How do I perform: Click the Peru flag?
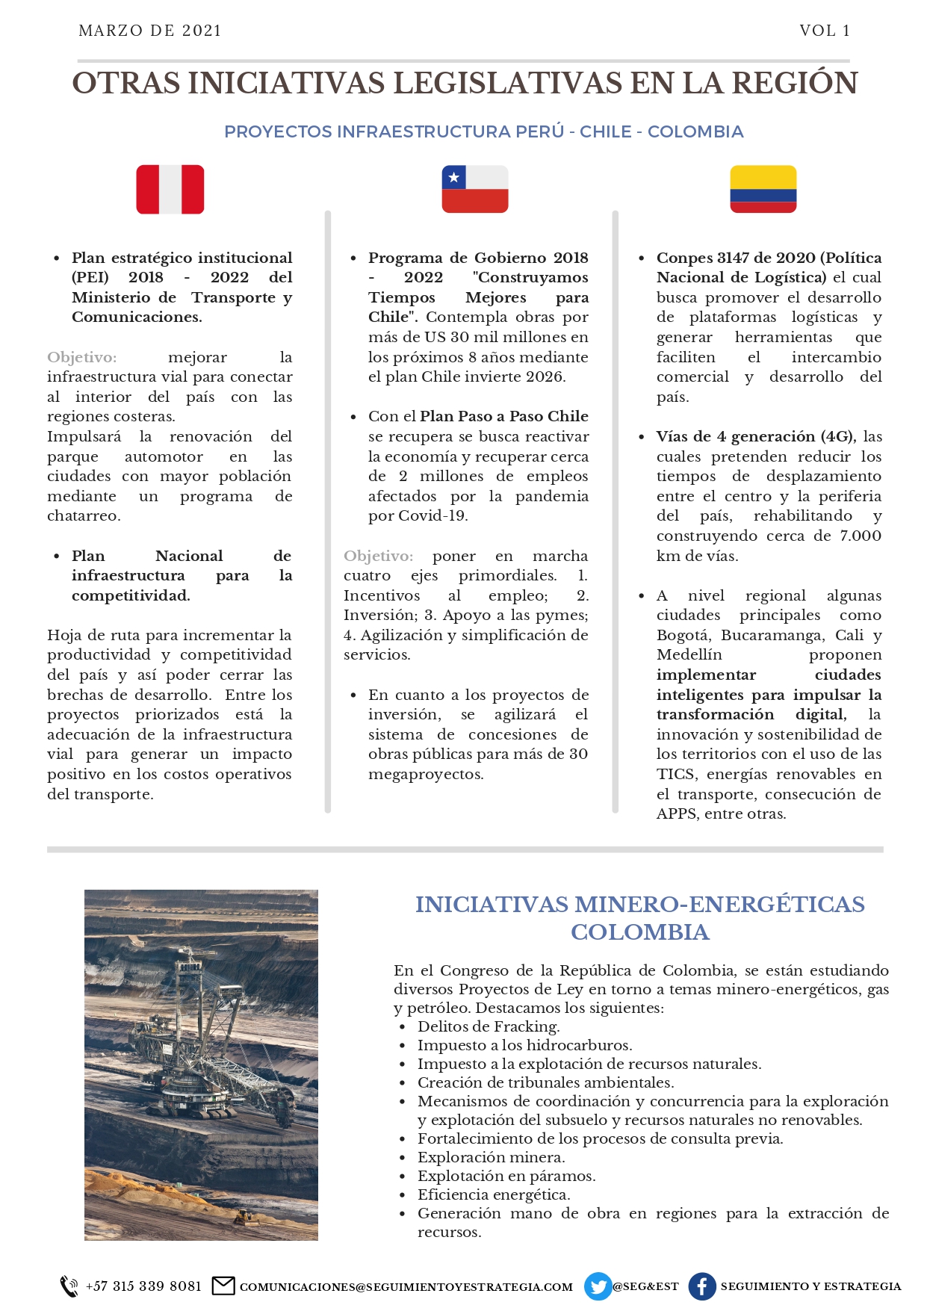coord(170,190)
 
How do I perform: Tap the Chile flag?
coord(475,190)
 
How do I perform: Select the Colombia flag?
coord(763,190)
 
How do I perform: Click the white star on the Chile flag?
coord(453,178)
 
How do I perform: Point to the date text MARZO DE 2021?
coord(150,31)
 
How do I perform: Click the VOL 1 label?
coord(825,31)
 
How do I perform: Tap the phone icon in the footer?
coord(69,1286)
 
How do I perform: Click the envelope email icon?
coord(223,1286)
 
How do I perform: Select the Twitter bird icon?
coord(598,1286)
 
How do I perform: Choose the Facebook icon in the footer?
coord(702,1286)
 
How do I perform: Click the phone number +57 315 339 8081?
coord(143,1286)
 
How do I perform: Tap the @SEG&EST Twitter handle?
coord(645,1286)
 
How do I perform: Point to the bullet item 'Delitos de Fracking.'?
coord(489,1026)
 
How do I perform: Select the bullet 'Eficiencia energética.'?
coord(494,1194)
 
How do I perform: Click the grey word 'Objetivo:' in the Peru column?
coord(81,357)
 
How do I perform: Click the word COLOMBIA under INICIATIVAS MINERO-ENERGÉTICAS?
coord(640,932)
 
